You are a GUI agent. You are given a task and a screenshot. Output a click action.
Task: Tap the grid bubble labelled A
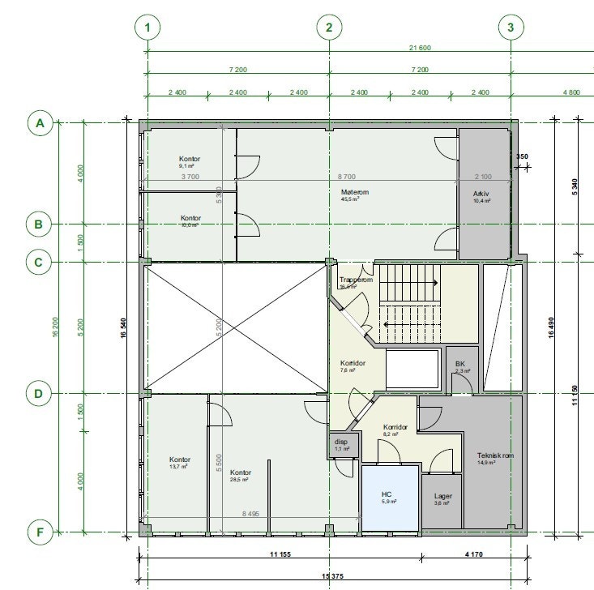click(x=38, y=123)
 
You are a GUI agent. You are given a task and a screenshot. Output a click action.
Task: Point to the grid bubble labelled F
click(x=38, y=532)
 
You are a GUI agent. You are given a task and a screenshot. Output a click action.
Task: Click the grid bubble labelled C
click(x=38, y=262)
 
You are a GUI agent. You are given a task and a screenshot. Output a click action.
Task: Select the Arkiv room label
click(x=482, y=195)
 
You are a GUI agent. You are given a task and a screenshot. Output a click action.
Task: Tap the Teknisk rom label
click(x=495, y=456)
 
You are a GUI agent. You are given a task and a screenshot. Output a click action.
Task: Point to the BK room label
click(x=459, y=365)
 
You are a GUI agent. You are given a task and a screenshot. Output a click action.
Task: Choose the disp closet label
click(x=341, y=443)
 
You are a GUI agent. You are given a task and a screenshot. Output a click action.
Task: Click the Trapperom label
click(x=355, y=280)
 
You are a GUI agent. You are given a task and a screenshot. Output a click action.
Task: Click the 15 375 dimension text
click(x=328, y=576)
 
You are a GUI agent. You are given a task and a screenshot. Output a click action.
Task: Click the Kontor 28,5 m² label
click(x=241, y=473)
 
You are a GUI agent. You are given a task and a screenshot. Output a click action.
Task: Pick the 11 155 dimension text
click(x=281, y=556)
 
